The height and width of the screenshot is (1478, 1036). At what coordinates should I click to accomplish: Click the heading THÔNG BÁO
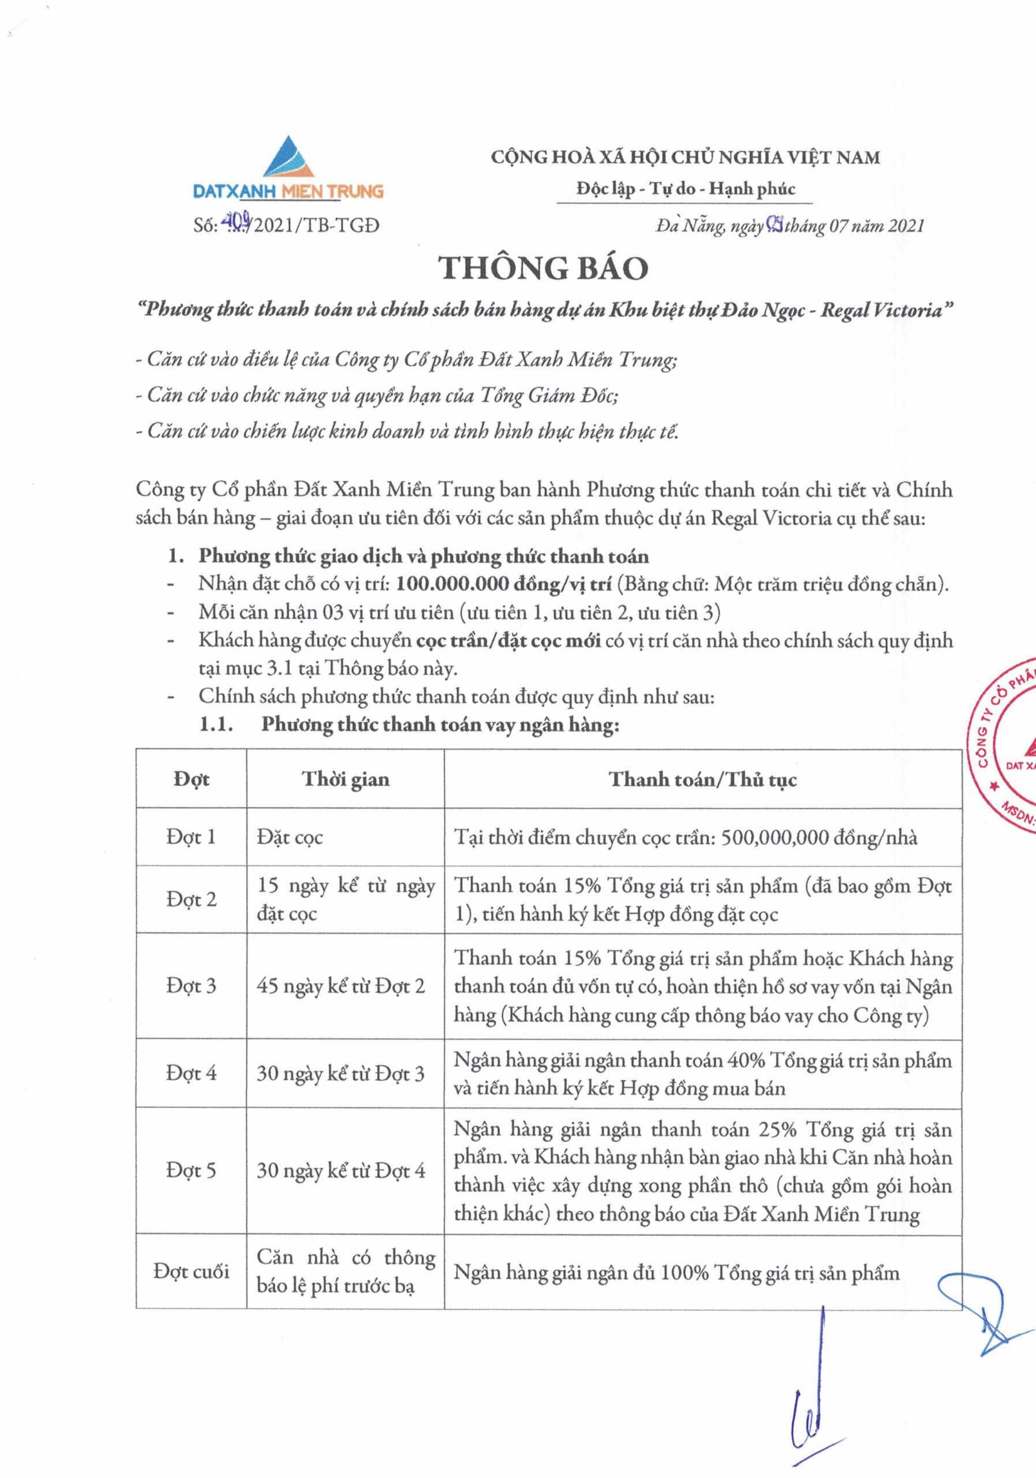tap(544, 268)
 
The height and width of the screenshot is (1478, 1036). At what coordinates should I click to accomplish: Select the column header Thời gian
tap(346, 779)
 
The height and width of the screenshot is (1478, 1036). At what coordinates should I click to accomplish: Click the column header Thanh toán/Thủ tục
tap(702, 779)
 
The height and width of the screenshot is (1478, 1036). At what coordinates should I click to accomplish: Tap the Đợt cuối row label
tap(190, 1271)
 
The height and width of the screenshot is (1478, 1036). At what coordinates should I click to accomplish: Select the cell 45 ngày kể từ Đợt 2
tap(341, 986)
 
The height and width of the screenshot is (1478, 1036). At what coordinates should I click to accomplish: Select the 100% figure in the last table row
tap(685, 1272)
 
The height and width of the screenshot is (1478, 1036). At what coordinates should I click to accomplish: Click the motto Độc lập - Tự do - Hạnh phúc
tap(685, 189)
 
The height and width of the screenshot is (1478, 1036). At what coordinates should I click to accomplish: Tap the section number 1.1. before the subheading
tap(215, 725)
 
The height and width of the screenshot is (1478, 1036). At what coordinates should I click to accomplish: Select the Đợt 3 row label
tap(190, 986)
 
